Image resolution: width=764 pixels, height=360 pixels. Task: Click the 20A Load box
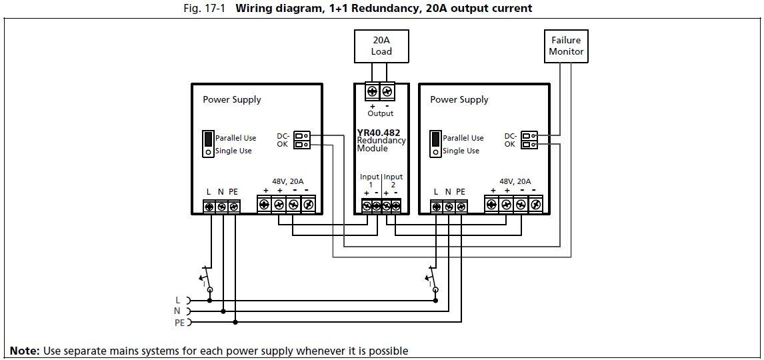pyautogui.click(x=381, y=46)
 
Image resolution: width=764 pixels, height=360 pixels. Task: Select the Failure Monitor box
pyautogui.click(x=566, y=46)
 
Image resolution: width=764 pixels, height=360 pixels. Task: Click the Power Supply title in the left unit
pyautogui.click(x=231, y=100)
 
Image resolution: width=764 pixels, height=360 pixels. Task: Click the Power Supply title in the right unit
pyautogui.click(x=459, y=100)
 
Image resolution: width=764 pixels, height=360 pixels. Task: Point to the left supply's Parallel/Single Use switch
pyautogui.click(x=208, y=143)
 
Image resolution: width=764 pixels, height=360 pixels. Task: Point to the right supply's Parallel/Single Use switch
pyautogui.click(x=435, y=143)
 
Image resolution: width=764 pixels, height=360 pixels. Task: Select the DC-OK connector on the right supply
pyautogui.click(x=529, y=140)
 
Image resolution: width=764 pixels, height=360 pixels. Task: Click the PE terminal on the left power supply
pyautogui.click(x=233, y=207)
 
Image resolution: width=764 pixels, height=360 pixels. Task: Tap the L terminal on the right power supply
pyautogui.click(x=436, y=207)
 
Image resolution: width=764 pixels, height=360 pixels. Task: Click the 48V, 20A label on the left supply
pyautogui.click(x=287, y=181)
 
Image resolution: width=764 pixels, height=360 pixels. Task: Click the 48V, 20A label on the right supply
pyautogui.click(x=515, y=181)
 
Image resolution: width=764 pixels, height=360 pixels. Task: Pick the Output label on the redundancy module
pyautogui.click(x=380, y=113)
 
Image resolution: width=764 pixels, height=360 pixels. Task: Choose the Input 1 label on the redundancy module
pyautogui.click(x=369, y=180)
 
